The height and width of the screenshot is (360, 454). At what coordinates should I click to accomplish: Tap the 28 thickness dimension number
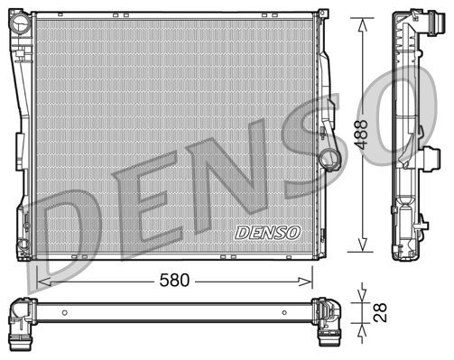(x=381, y=310)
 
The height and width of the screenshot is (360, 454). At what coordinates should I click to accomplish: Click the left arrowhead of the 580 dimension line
(x=42, y=281)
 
